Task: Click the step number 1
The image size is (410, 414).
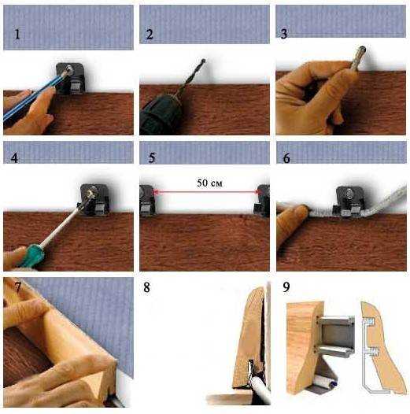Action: pyautogui.click(x=17, y=35)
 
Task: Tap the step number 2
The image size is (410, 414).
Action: pyautogui.click(x=150, y=35)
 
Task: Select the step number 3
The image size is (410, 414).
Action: pyautogui.click(x=284, y=34)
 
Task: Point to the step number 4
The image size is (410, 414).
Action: pyautogui.click(x=14, y=157)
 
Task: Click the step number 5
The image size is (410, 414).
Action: pyautogui.click(x=152, y=157)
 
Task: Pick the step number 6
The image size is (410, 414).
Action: pyautogui.click(x=286, y=158)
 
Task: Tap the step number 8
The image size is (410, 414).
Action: pyautogui.click(x=147, y=287)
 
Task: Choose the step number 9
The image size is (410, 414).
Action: pyautogui.click(x=286, y=287)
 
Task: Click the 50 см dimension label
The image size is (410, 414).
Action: pyautogui.click(x=209, y=183)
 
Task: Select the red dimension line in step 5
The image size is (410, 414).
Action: pyautogui.click(x=207, y=192)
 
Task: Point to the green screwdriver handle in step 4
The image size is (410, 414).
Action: pyautogui.click(x=32, y=256)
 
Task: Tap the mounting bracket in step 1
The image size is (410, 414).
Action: pyautogui.click(x=70, y=79)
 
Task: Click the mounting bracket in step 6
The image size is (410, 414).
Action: pyautogui.click(x=350, y=201)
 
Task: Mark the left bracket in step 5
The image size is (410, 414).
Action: pyautogui.click(x=147, y=201)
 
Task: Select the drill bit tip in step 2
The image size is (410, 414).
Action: pyautogui.click(x=203, y=61)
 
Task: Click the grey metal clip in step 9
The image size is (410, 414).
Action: pyautogui.click(x=337, y=336)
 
